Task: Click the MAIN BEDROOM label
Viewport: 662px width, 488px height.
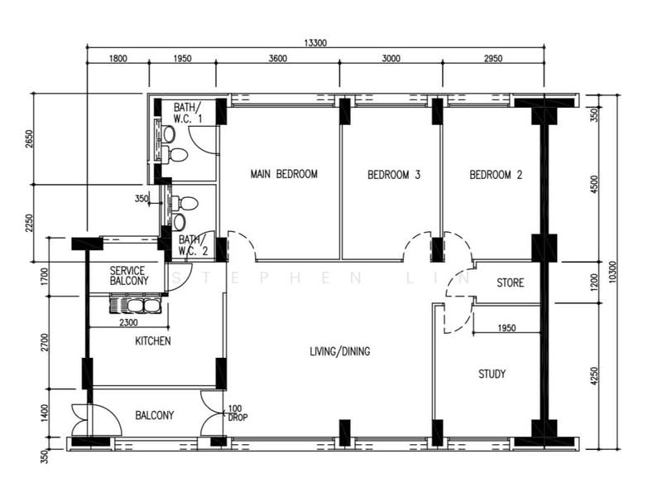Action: pos(284,174)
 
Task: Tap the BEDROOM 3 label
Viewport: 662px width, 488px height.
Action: pos(394,175)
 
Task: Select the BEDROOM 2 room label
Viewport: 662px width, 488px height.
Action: pos(496,175)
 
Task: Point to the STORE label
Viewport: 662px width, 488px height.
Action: pos(510,283)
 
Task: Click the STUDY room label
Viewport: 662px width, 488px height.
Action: pos(492,374)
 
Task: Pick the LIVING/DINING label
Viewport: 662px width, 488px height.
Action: pos(340,351)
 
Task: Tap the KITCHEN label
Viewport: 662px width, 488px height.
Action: pos(153,341)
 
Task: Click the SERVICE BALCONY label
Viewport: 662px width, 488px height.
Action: pos(129,276)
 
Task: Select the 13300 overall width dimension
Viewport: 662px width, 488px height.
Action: pos(315,43)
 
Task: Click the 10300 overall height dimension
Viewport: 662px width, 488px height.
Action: pos(613,273)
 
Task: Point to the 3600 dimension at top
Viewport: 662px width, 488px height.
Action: pos(278,58)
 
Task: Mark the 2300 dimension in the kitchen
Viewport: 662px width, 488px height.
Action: pos(128,322)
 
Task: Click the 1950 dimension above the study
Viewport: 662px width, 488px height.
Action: pos(506,328)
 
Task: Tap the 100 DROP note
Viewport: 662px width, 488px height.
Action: pos(237,413)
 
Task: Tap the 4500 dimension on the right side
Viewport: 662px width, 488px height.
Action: pos(594,185)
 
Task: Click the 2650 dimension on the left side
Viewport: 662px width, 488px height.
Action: pos(29,138)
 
